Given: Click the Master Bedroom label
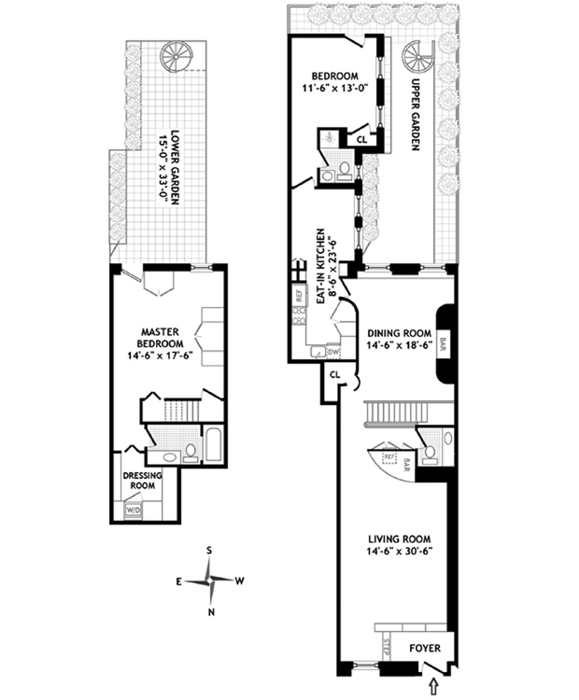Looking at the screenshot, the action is (x=167, y=337).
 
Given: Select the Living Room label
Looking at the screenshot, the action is (x=398, y=539).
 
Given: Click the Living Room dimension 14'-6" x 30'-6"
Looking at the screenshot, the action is (x=398, y=553).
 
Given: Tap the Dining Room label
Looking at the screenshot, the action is (x=398, y=332).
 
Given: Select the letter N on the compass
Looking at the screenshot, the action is (x=212, y=612).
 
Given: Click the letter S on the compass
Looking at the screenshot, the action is (x=212, y=551).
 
